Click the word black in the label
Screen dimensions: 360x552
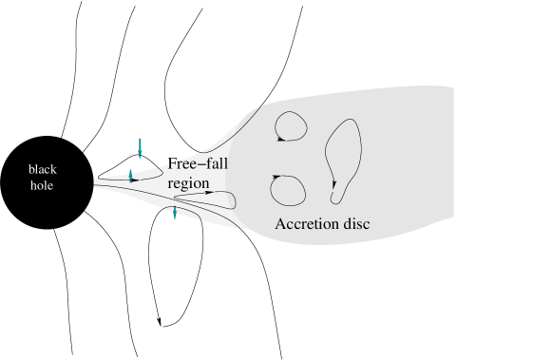[43, 169]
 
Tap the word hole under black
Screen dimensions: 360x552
[42, 185]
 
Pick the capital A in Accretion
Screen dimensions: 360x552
[280, 224]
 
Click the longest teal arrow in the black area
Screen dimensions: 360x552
[140, 147]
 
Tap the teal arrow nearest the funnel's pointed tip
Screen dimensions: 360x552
[131, 175]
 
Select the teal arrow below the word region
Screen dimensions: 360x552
[175, 213]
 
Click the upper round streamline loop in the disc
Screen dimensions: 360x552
[290, 125]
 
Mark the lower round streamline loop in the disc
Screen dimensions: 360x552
[287, 189]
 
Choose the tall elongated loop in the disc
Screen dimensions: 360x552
[342, 157]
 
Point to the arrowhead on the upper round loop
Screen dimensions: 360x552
[280, 138]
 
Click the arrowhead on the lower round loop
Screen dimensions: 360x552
[275, 177]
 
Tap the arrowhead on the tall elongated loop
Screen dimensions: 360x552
[333, 199]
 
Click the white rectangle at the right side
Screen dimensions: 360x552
[501, 169]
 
